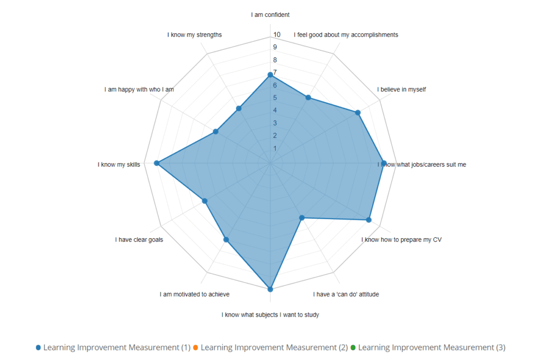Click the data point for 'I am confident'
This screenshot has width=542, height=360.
pyautogui.click(x=270, y=75)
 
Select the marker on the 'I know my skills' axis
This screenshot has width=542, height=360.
pyautogui.click(x=157, y=163)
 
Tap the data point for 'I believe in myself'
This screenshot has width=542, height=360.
pyautogui.click(x=358, y=113)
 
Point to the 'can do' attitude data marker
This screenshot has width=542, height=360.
pyautogui.click(x=302, y=218)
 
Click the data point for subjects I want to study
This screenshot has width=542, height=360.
pyautogui.click(x=270, y=289)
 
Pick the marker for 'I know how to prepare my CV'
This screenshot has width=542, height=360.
pyautogui.click(x=369, y=220)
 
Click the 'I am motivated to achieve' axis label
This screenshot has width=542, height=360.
pyautogui.click(x=194, y=294)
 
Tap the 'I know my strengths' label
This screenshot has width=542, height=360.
pyautogui.click(x=194, y=35)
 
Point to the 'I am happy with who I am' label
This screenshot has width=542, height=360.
pyautogui.click(x=139, y=89)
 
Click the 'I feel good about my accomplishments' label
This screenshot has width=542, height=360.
pyautogui.click(x=346, y=35)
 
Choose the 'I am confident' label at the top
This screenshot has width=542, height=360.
pyautogui.click(x=270, y=15)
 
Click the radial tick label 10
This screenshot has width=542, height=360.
pyautogui.click(x=277, y=35)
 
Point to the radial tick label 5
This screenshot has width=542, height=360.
pyautogui.click(x=275, y=98)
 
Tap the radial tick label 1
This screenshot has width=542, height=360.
pyautogui.click(x=275, y=148)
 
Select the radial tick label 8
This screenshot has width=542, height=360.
pyautogui.click(x=275, y=60)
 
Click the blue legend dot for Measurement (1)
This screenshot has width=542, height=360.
pyautogui.click(x=38, y=348)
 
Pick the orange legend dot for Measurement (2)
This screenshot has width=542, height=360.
pyautogui.click(x=195, y=348)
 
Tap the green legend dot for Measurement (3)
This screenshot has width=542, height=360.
pyautogui.click(x=353, y=348)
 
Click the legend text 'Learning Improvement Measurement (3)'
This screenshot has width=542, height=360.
pyautogui.click(x=432, y=348)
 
